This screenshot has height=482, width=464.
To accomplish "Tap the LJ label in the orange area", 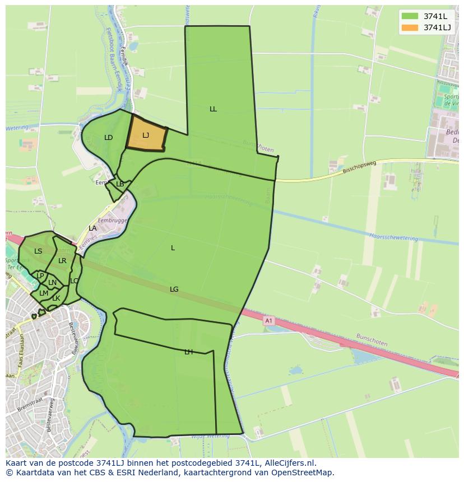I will pyautogui.click(x=146, y=135).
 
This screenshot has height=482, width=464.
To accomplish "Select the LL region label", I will pyautogui.click(x=213, y=109).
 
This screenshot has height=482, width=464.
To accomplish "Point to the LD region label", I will pyautogui.click(x=109, y=138).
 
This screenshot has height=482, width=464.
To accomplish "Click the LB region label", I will pyautogui.click(x=120, y=184).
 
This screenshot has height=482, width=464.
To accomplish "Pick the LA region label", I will pyautogui.click(x=92, y=228).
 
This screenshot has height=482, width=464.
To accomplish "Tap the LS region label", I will pyautogui.click(x=38, y=251).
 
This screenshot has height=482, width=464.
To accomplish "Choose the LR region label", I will pyautogui.click(x=62, y=261).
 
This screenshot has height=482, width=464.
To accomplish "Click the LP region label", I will pyautogui.click(x=40, y=276).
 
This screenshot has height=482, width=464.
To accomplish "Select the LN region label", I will pyautogui.click(x=52, y=283).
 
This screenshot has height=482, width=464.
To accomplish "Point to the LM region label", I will pyautogui.click(x=43, y=293).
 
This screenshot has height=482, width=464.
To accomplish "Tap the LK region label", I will pyautogui.click(x=56, y=298).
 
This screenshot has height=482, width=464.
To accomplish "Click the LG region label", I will pyautogui.click(x=174, y=289).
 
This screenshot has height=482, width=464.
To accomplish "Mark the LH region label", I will pyautogui.click(x=189, y=352).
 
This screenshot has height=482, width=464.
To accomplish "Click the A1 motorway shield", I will pyautogui.click(x=268, y=321).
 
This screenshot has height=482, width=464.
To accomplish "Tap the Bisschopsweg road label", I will pyautogui.click(x=358, y=168).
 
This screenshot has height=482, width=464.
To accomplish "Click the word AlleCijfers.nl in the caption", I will pyautogui.click(x=287, y=463).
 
